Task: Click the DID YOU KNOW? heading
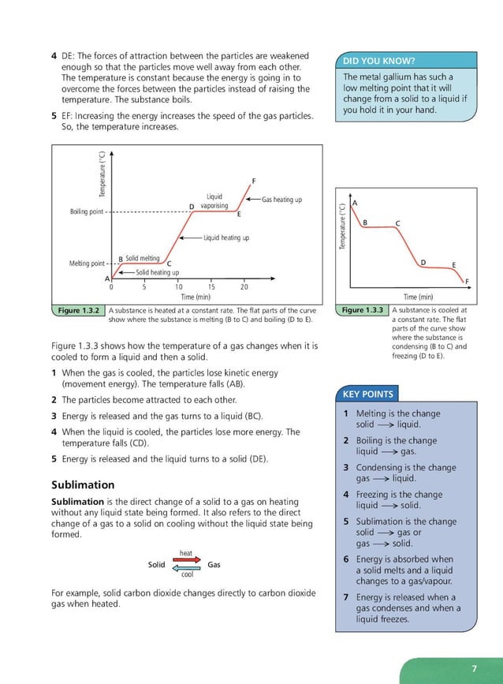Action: (379, 62)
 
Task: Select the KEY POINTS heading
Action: (367, 394)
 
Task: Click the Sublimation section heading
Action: (83, 484)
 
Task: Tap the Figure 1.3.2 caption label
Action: (78, 311)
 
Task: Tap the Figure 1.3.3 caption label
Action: (362, 311)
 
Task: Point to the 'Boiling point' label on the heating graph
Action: (88, 211)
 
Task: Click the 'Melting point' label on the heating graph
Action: (87, 264)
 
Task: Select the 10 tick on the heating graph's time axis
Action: (179, 287)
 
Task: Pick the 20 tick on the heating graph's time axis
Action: (244, 287)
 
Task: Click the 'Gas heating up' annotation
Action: (281, 200)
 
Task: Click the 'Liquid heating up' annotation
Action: (225, 237)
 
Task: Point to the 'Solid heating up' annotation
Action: (157, 272)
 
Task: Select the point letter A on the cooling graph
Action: (355, 203)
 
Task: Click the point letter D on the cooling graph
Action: (423, 262)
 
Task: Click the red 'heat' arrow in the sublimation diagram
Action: (186, 561)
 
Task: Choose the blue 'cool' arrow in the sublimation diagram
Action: (187, 568)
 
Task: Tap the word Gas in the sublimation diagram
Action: (214, 565)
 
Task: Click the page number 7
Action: (474, 669)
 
